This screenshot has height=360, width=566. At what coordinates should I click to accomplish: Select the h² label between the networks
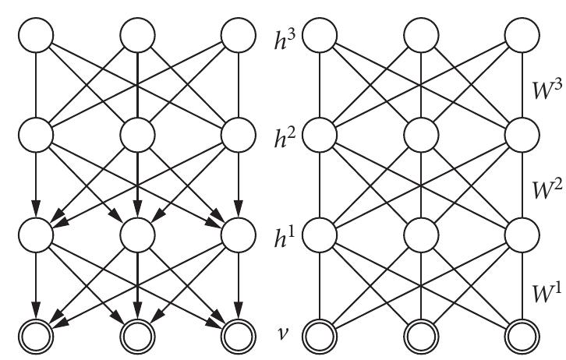pyautogui.click(x=279, y=135)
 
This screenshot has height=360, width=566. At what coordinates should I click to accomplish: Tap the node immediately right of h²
pyautogui.click(x=320, y=134)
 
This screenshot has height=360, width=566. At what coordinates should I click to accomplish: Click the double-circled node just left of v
pyautogui.click(x=238, y=335)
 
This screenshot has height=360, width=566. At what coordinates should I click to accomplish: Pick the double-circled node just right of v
pyautogui.click(x=320, y=335)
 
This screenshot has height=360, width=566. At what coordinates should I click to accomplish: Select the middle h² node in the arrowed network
pyautogui.click(x=137, y=134)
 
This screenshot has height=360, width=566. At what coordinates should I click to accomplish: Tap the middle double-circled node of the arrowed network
pyautogui.click(x=137, y=335)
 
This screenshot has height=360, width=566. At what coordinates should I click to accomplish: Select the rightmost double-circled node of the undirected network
pyautogui.click(x=522, y=335)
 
